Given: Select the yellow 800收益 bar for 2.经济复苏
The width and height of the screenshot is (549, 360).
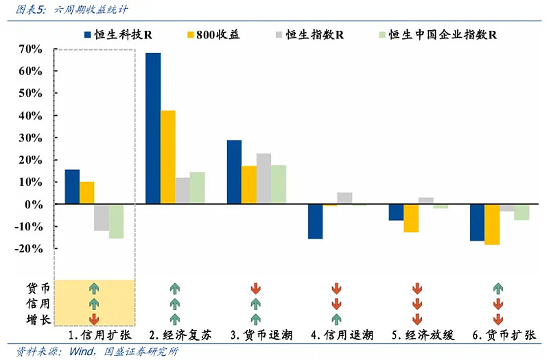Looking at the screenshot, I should pyautogui.click(x=167, y=157).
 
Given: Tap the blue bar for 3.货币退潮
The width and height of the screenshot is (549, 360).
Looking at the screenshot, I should pyautogui.click(x=234, y=172).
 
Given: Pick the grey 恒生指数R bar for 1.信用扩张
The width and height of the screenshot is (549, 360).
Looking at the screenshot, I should pyautogui.click(x=101, y=217).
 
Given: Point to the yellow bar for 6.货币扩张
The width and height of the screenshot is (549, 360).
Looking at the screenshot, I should pyautogui.click(x=492, y=224).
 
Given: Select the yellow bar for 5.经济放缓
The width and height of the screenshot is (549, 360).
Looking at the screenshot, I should pyautogui.click(x=411, y=218).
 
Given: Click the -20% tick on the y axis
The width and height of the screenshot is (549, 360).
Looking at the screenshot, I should pyautogui.click(x=31, y=249).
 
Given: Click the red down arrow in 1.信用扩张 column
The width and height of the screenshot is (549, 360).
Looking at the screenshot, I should pyautogui.click(x=94, y=319).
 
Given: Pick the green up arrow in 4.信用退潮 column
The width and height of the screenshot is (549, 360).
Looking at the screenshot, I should pyautogui.click(x=336, y=319).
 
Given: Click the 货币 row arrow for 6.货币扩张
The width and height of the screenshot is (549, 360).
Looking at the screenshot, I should pyautogui.click(x=498, y=288).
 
